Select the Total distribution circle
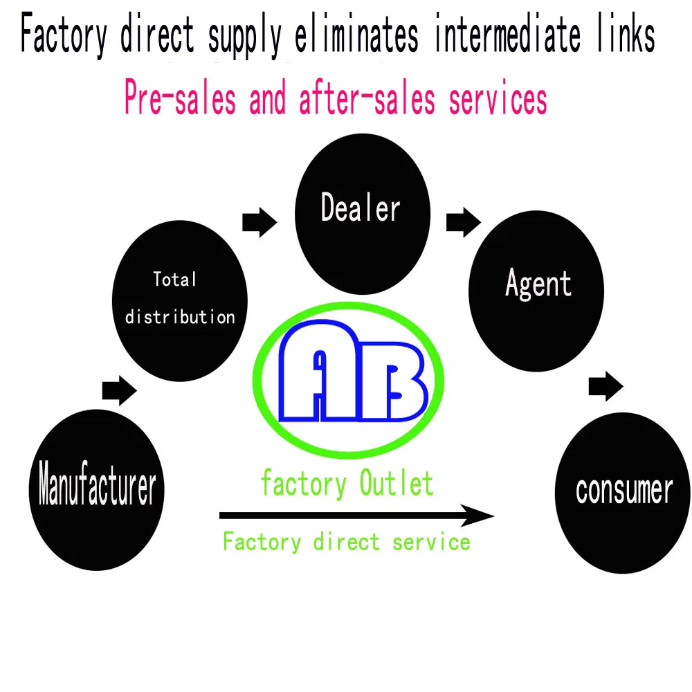click(179, 298)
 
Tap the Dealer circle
click(361, 208)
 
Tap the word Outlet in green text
click(397, 484)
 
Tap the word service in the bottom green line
click(431, 541)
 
